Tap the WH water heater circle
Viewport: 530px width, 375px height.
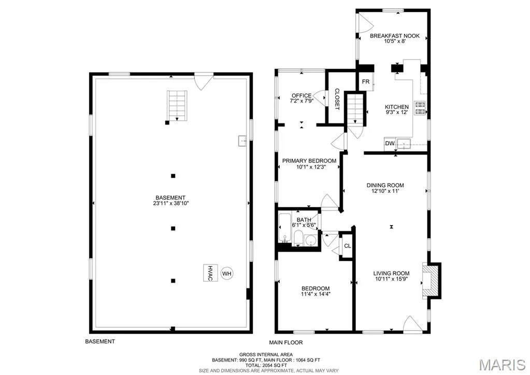click(x=227, y=273)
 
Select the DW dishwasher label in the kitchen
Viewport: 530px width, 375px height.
click(x=390, y=143)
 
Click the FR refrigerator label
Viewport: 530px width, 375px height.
click(x=366, y=81)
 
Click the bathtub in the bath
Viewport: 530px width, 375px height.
click(x=284, y=227)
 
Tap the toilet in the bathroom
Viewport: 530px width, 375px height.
click(x=298, y=239)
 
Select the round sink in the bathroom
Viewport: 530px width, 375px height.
click(x=310, y=241)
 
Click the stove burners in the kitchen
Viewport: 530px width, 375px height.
click(x=420, y=107)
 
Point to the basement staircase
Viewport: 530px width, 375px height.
click(x=177, y=105)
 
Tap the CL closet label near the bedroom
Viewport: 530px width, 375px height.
click(x=348, y=246)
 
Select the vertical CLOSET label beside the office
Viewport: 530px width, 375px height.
click(x=337, y=99)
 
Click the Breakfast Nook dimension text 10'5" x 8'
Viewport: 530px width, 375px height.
click(x=394, y=41)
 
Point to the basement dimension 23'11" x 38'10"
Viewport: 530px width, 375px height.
click(x=170, y=203)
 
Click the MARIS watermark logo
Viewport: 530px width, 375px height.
click(x=502, y=365)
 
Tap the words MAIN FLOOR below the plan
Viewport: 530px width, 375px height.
click(x=286, y=342)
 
